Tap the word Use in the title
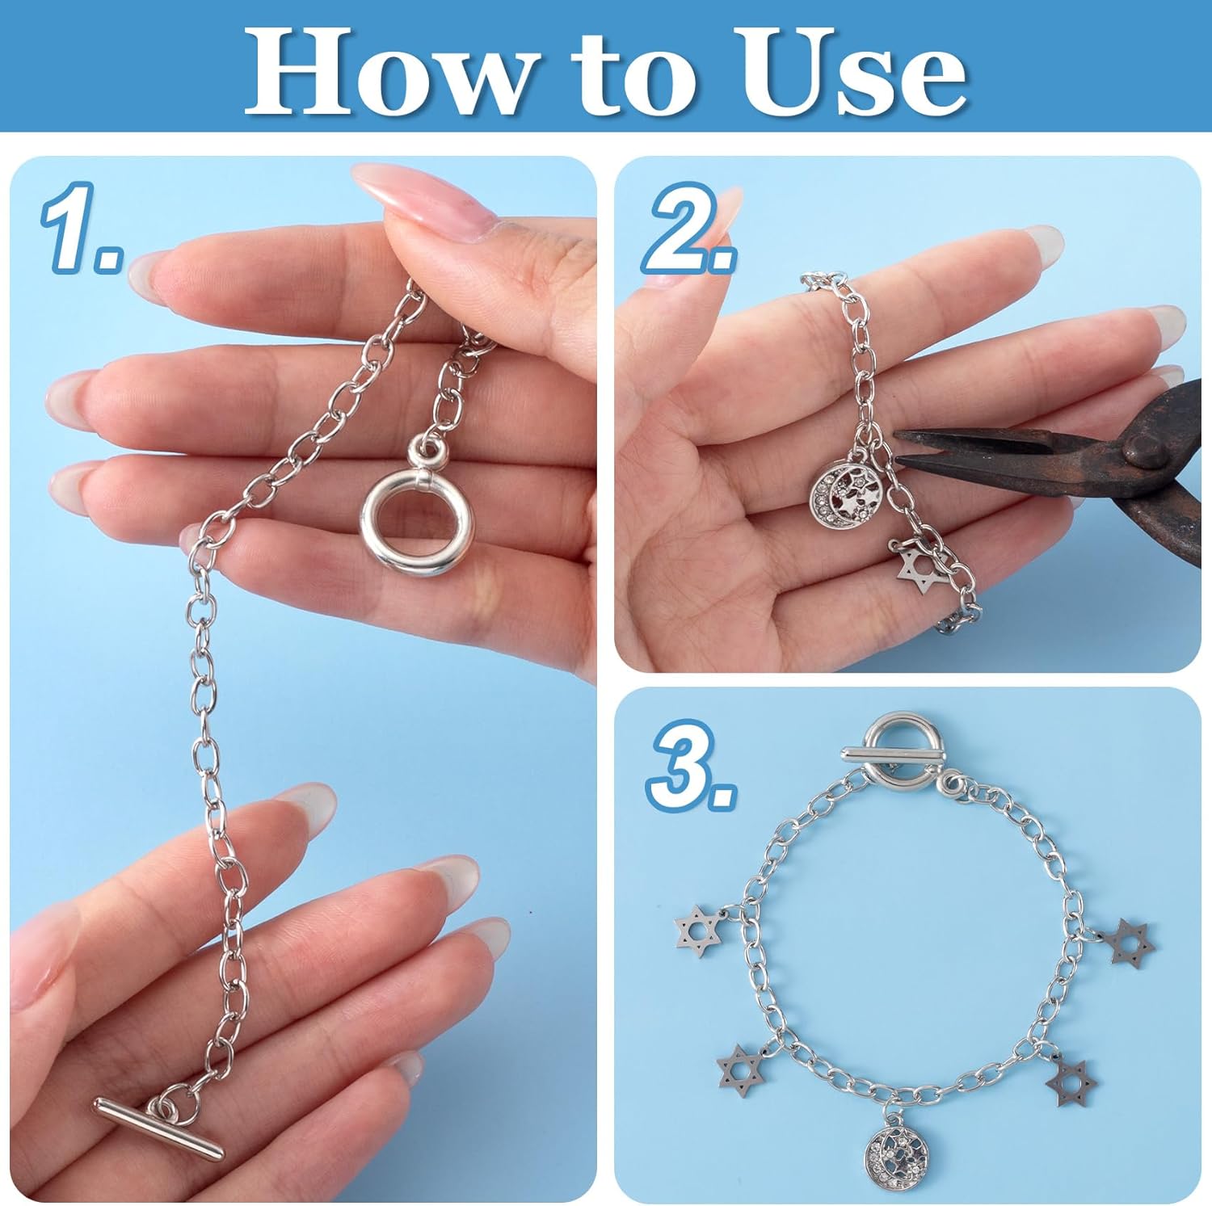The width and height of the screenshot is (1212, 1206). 856,71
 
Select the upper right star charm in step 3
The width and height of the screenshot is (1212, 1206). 1130,942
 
